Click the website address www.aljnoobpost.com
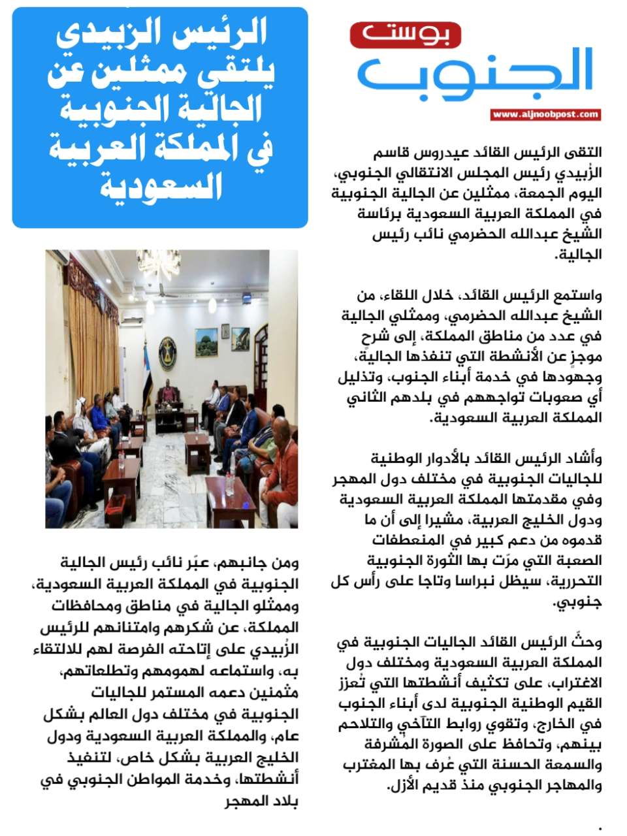point(545,115)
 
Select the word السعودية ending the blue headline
point(161,187)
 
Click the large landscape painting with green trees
point(206,341)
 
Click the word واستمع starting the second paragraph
point(579,295)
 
